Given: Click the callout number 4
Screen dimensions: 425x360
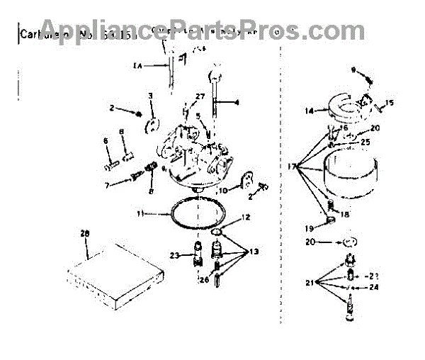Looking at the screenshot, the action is pyautogui.click(x=237, y=103).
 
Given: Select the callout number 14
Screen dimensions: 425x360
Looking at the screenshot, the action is pyautogui.click(x=308, y=111).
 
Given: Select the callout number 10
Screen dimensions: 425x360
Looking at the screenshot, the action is pyautogui.click(x=222, y=190).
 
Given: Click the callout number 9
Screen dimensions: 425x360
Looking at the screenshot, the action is pyautogui.click(x=351, y=69).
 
